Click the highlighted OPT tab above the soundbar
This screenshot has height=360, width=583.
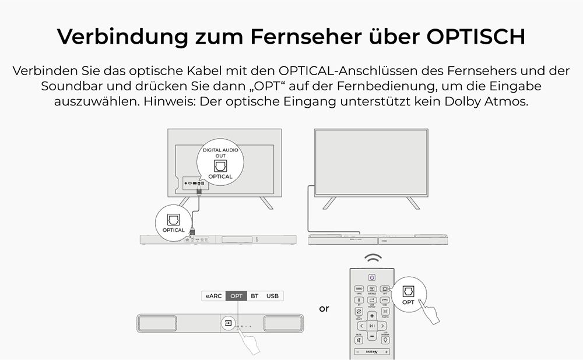pos(236,296)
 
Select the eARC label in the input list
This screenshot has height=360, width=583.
pos(213,296)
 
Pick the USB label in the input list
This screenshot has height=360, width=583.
pos(272,296)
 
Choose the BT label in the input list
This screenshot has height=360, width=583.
pos(255,296)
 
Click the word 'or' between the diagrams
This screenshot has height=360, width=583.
pos(324,309)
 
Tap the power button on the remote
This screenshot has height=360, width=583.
pos(372,277)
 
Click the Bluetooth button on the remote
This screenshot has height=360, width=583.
pos(360,300)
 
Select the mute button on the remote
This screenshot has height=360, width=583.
pos(359,340)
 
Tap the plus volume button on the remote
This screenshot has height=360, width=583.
pos(372,316)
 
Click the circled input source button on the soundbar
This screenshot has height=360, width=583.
pos(228,322)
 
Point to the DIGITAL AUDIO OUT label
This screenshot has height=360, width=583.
pos(220,153)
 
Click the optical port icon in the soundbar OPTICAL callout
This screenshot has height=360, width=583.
pos(174,220)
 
